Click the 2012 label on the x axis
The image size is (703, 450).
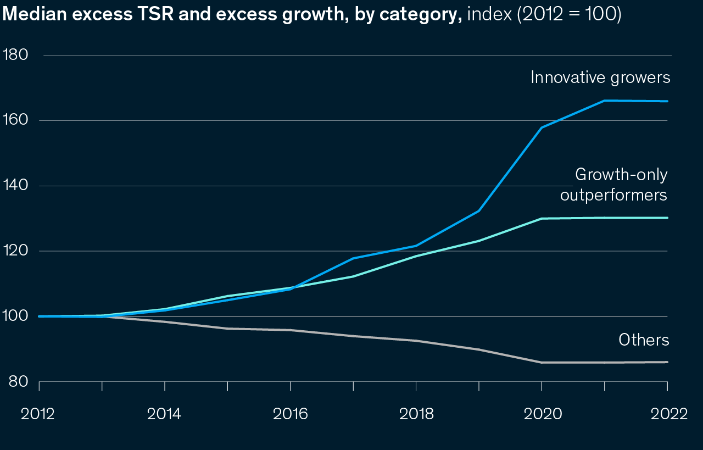pos(38,414)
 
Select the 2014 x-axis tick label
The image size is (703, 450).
pos(164,414)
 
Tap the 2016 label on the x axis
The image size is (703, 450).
pos(290,414)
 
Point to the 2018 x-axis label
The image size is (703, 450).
pos(416,414)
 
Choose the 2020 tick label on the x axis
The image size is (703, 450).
pos(543,414)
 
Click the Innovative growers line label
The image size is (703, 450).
pos(600,77)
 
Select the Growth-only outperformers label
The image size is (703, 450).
pos(613,185)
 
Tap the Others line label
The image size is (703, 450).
pos(644,340)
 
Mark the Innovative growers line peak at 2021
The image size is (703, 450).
pos(605,101)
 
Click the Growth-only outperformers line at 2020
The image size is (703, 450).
pos(542,219)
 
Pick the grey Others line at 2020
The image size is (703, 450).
pos(542,363)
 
